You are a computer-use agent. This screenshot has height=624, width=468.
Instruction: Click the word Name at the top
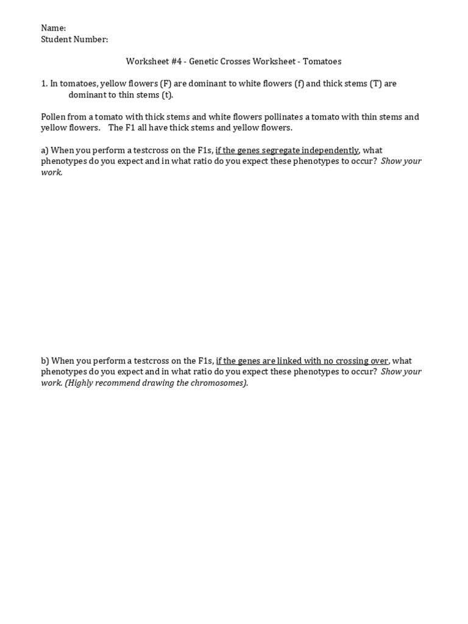click(52, 28)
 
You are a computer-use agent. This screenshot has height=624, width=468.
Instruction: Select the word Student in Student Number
click(57, 40)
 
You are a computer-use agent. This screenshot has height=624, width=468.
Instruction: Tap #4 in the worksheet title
click(174, 62)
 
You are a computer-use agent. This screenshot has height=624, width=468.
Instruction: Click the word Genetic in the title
click(207, 62)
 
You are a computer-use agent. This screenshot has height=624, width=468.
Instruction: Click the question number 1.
click(44, 83)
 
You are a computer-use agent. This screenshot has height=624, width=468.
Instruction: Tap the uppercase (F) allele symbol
click(166, 83)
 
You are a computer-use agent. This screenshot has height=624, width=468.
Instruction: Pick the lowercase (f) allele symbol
click(299, 83)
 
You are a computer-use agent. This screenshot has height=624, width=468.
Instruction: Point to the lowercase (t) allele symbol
click(167, 95)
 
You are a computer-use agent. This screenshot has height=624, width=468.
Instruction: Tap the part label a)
click(44, 151)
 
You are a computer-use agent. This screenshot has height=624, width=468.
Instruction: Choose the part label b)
click(44, 361)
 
